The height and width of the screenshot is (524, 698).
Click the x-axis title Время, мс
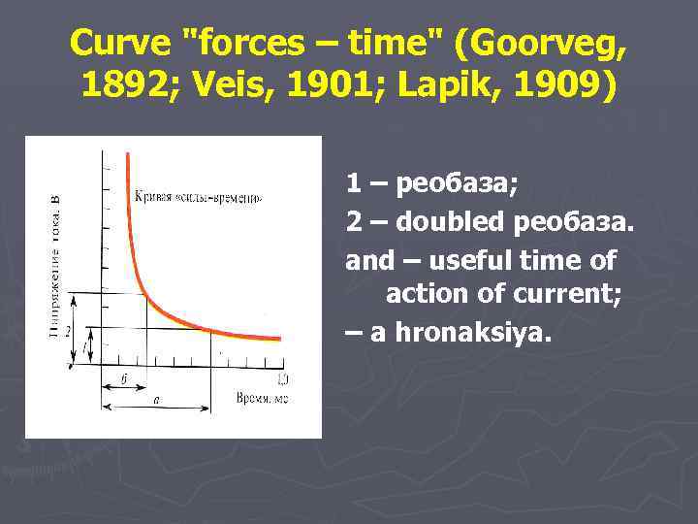tap(262, 398)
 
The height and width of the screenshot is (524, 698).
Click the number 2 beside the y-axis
tap(69, 330)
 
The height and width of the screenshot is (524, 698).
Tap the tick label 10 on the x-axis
tap(282, 377)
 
